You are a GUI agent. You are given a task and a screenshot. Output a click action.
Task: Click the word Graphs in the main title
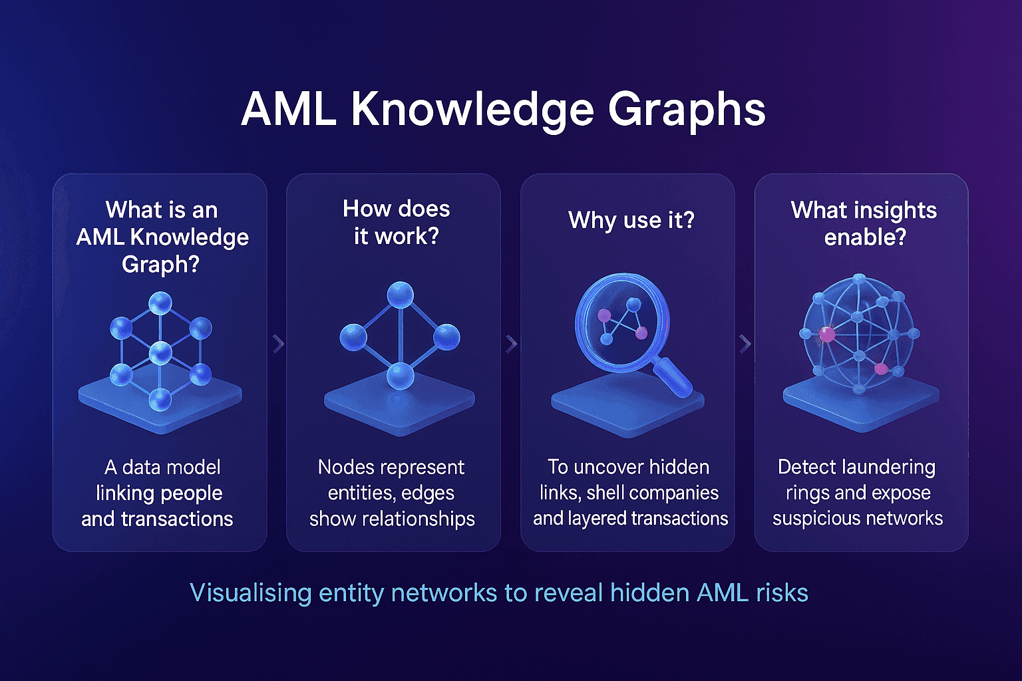687,110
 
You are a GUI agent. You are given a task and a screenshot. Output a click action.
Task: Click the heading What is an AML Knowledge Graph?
162,237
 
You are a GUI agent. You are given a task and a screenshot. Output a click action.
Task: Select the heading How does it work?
396,222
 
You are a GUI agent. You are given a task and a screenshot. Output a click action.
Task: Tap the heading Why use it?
631,220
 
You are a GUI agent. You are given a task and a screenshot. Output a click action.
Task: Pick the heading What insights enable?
864,223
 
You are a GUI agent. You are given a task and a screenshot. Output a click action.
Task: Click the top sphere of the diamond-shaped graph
400,295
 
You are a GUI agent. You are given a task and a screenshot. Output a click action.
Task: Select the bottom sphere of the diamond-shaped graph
400,376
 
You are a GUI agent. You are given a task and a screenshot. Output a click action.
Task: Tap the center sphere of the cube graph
160,352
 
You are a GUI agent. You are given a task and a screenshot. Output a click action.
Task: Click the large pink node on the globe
826,335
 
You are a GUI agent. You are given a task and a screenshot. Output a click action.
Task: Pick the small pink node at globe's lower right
880,368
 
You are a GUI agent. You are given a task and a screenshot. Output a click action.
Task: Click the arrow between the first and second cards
278,344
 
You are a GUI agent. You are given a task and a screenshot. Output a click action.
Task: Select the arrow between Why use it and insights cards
745,344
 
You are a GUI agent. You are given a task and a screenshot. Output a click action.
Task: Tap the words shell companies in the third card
652,493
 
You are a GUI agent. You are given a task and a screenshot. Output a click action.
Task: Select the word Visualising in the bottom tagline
250,593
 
